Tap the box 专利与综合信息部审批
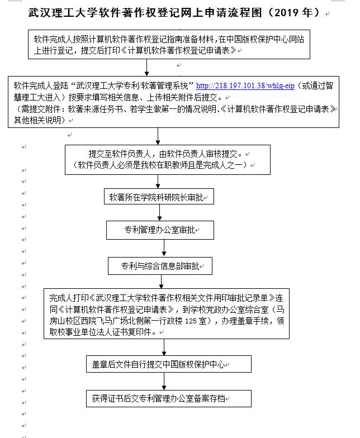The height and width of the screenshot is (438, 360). [160, 265]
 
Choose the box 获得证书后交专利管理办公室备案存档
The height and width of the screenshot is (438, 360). [165, 398]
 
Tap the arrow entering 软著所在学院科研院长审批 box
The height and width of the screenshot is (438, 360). [159, 183]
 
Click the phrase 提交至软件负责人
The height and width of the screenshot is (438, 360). [123, 154]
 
